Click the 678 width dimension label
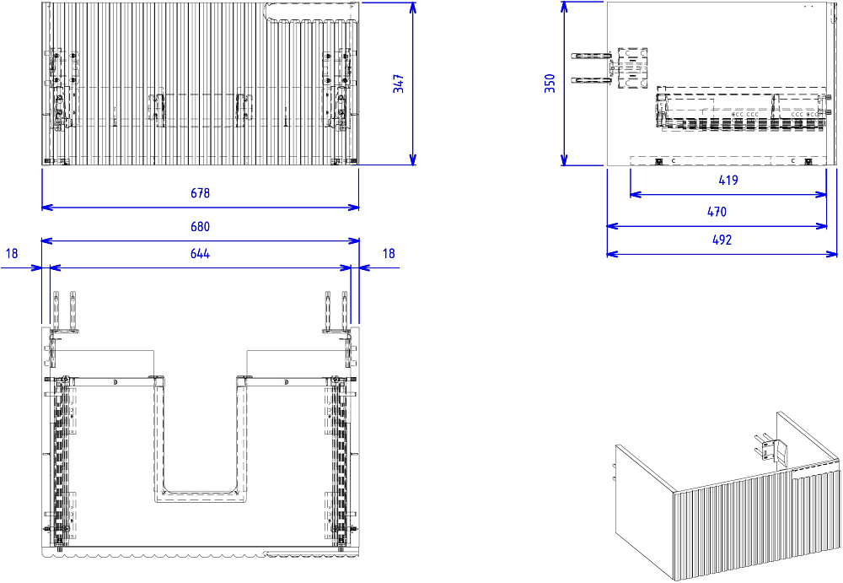pyautogui.click(x=200, y=192)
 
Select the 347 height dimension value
pyautogui.click(x=399, y=84)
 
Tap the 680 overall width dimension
pyautogui.click(x=200, y=227)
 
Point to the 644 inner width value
pyautogui.click(x=200, y=254)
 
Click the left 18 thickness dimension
pyautogui.click(x=12, y=254)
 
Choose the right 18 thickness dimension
pyautogui.click(x=389, y=254)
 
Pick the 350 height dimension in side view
pyautogui.click(x=550, y=84)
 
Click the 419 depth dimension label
pyautogui.click(x=728, y=181)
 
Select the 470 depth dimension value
pyautogui.click(x=717, y=212)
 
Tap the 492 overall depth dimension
pyautogui.click(x=722, y=240)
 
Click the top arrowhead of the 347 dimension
pyautogui.click(x=413, y=7)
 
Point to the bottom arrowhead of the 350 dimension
pyautogui.click(x=564, y=159)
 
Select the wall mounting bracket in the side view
pyautogui.click(x=632, y=67)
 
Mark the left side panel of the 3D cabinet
pyautogui.click(x=645, y=509)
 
